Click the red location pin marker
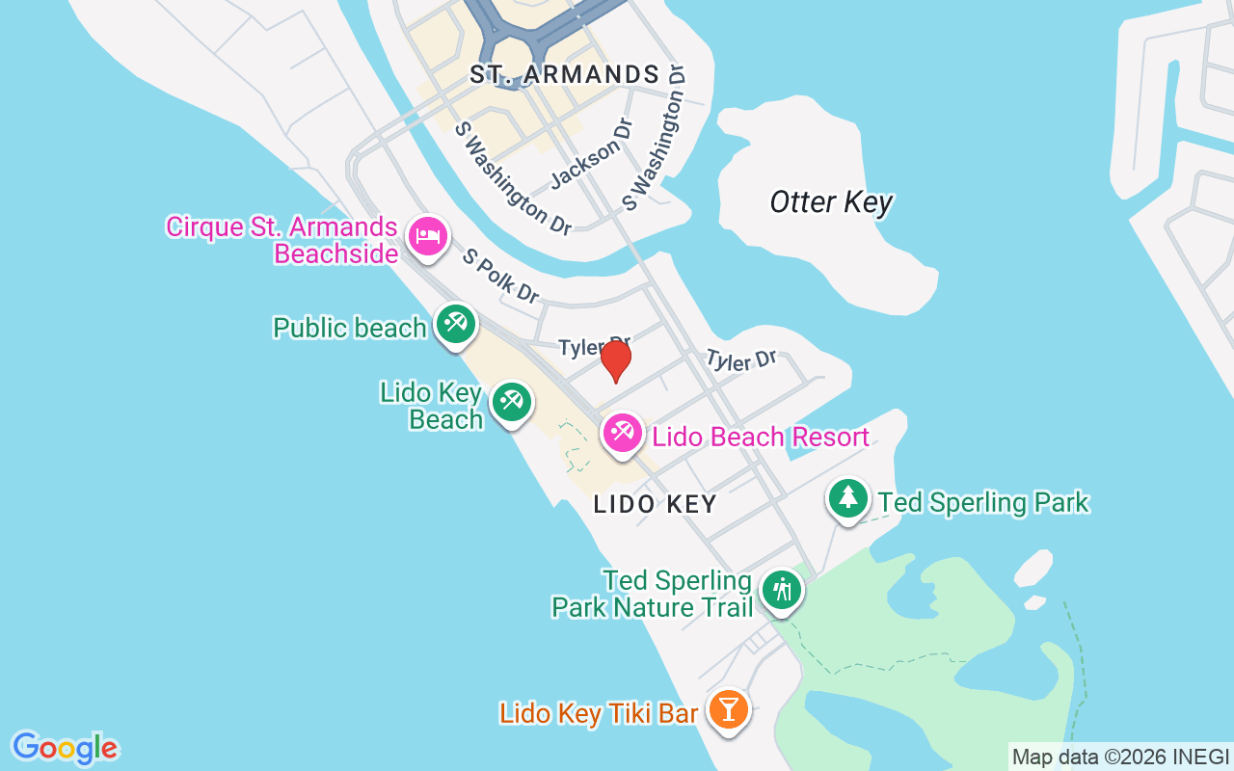point(615,360)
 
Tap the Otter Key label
point(831,202)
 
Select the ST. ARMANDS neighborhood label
point(565,75)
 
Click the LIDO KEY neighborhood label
point(655,504)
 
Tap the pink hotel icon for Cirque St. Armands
point(427,236)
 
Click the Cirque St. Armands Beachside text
point(282,240)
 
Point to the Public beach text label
point(349,329)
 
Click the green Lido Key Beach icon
point(511,402)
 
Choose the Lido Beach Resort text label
point(761,438)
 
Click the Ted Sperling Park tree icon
point(847,498)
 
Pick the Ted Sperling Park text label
point(982,502)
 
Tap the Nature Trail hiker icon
point(781,589)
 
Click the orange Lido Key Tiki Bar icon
point(728,710)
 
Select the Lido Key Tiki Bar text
point(598,714)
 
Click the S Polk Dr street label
point(500,276)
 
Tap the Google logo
point(65,748)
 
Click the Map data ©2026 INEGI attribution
point(1120,758)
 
